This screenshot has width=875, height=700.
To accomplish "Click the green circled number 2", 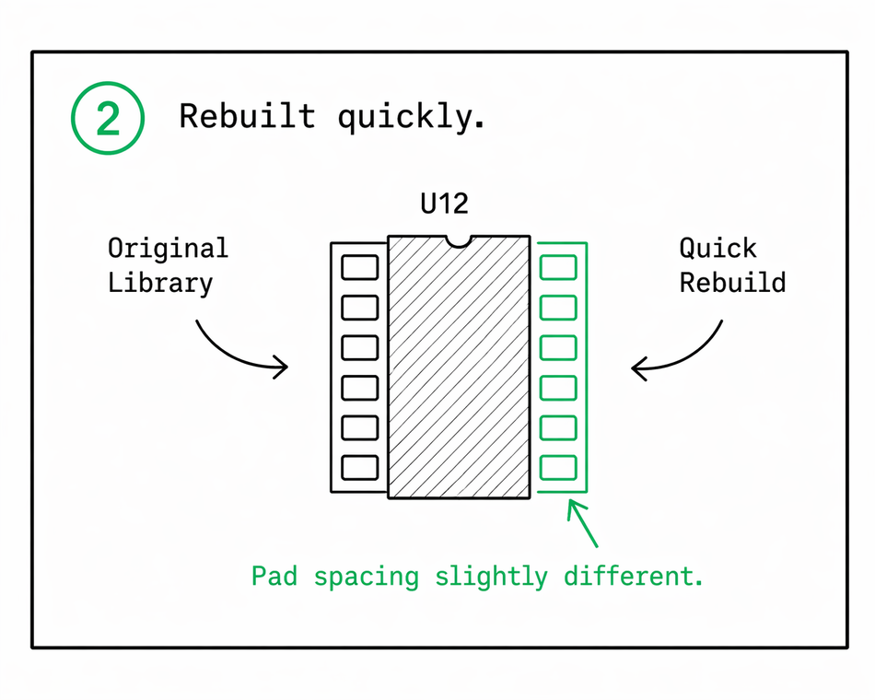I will point(108,120).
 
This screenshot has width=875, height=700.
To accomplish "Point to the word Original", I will point(168,249).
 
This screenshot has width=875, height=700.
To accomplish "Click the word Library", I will point(160,283).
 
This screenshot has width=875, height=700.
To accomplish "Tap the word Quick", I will point(717,249).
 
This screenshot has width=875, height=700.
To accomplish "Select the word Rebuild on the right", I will point(732,283).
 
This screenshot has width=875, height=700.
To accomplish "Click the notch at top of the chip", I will point(458,241).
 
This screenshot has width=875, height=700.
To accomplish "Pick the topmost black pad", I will point(359,267).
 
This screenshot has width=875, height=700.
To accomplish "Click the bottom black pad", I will point(359,467).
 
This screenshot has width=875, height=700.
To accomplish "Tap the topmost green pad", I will point(558,267).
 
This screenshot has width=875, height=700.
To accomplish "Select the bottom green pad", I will point(558,467).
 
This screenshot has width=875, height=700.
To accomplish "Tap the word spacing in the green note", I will point(366,577).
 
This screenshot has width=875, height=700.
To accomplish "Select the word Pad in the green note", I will point(274,577).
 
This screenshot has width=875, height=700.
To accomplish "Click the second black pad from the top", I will point(359,308).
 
